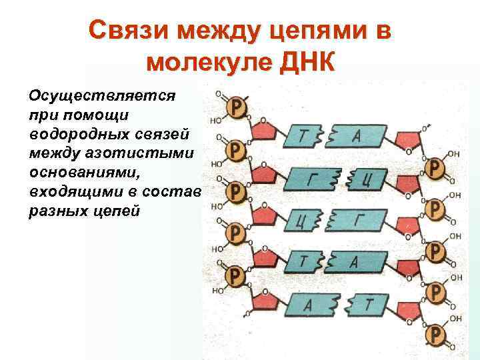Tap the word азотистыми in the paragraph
click(x=156, y=153)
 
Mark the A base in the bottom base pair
click(x=308, y=305)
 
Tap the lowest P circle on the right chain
click(x=435, y=333)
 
